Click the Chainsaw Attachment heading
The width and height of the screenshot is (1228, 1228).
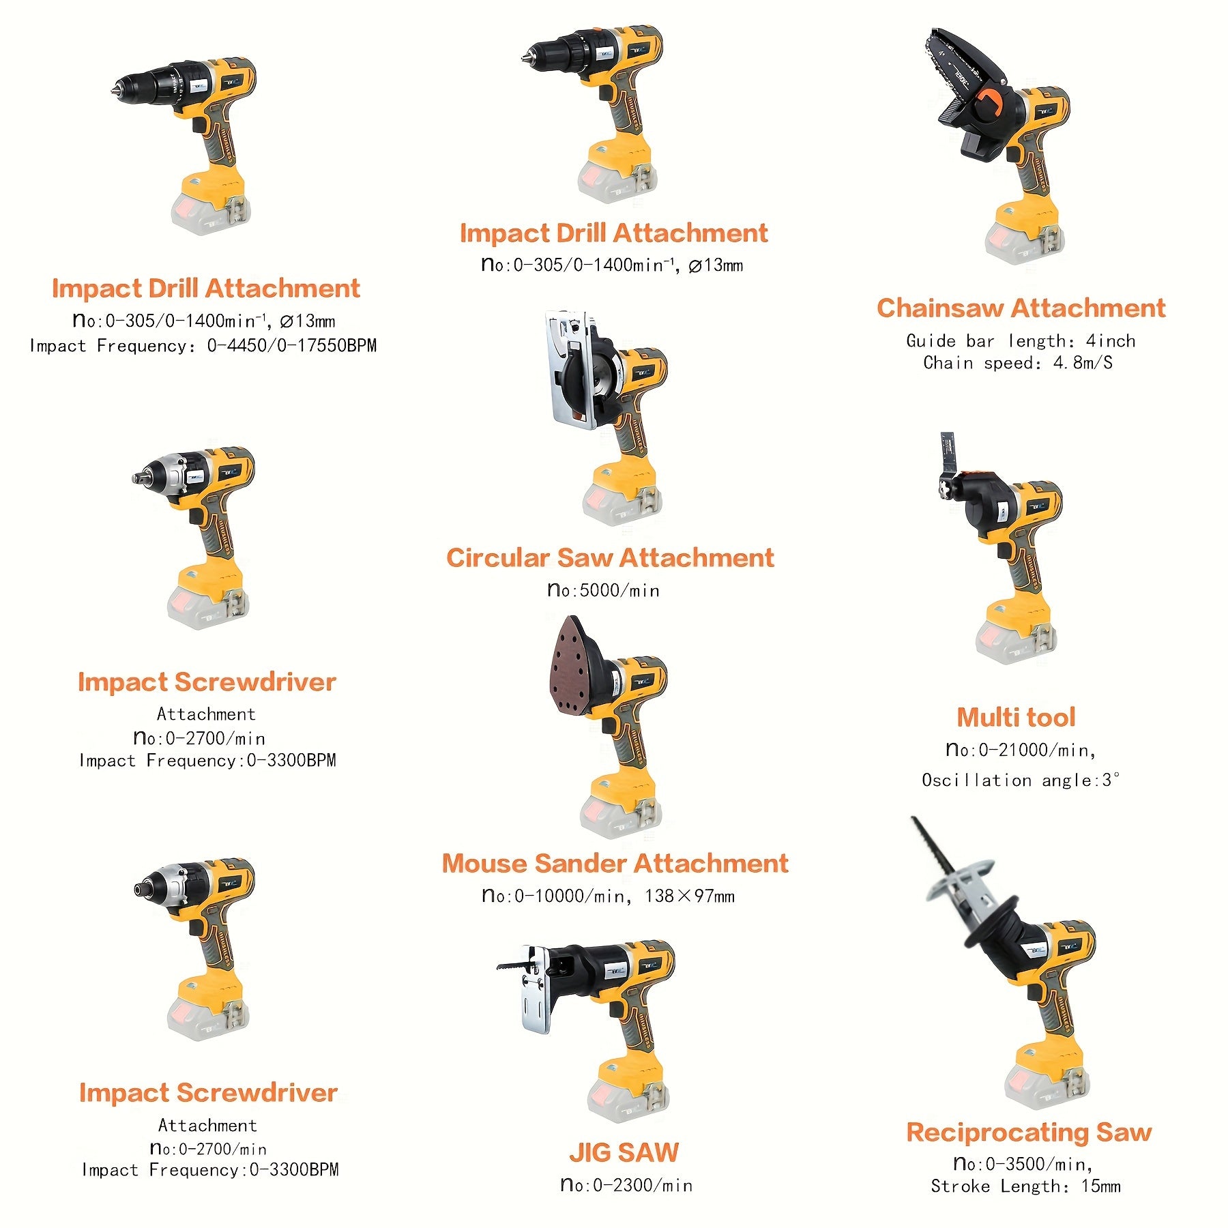[x=1021, y=308]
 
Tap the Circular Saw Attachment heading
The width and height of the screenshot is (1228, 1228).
[x=610, y=558]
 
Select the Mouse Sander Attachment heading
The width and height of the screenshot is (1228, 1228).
[x=615, y=864]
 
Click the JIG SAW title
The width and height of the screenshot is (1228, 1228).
[x=624, y=1152]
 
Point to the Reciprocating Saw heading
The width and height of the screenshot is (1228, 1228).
[x=1029, y=1132]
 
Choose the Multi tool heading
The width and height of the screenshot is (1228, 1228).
[x=1016, y=718]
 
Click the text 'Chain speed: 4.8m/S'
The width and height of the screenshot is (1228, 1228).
[x=1018, y=363]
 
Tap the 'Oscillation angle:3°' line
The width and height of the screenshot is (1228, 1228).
[x=1020, y=780]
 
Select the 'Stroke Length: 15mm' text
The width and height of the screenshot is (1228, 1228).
[x=1025, y=1186]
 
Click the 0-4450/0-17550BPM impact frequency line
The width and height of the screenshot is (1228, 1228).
[x=203, y=346]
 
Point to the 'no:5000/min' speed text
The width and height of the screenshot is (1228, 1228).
[x=604, y=590]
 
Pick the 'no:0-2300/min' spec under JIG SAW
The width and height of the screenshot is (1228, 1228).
[x=626, y=1185]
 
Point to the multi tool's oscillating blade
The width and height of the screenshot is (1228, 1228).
[x=947, y=454]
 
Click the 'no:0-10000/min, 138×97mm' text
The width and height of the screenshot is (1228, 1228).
[x=609, y=896]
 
